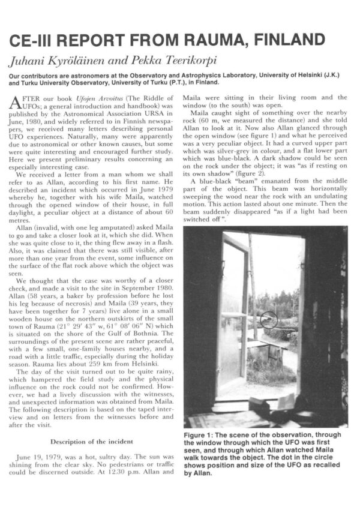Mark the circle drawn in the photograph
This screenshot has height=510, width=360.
click(269, 319)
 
